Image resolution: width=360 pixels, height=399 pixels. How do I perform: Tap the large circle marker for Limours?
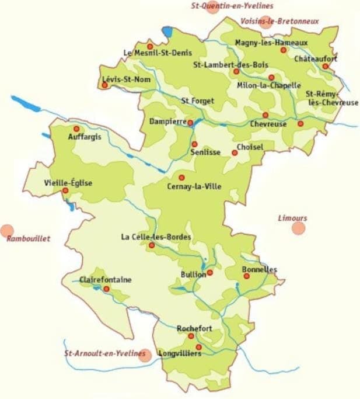tap(299, 228)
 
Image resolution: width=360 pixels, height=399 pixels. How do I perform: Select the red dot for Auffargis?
tap(76, 129)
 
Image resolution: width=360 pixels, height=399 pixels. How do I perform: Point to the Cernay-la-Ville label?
tap(198, 186)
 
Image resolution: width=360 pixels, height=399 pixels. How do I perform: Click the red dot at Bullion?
tap(210, 272)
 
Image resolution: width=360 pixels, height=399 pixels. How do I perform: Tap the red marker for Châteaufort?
tap(325, 66)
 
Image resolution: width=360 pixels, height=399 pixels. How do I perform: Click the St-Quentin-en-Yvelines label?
tap(228, 6)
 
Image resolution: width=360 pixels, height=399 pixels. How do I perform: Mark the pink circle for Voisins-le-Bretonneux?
tap(266, 22)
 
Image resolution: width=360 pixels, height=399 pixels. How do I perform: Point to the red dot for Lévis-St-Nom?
tap(105, 85)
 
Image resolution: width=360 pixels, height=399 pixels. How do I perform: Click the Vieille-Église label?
tap(68, 183)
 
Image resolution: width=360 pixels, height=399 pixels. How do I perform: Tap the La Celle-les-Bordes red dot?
tap(152, 245)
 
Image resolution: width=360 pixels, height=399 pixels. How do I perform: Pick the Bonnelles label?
tap(259, 269)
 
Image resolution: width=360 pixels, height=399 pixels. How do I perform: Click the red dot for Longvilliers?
tap(198, 347)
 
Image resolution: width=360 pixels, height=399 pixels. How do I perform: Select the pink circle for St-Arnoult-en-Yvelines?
tap(145, 355)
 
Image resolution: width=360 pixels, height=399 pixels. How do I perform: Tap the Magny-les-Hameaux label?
tap(271, 42)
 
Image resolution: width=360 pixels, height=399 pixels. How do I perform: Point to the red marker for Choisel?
tap(235, 153)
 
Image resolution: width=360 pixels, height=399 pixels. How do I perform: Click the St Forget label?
tap(197, 100)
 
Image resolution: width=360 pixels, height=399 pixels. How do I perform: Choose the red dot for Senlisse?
tap(194, 144)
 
